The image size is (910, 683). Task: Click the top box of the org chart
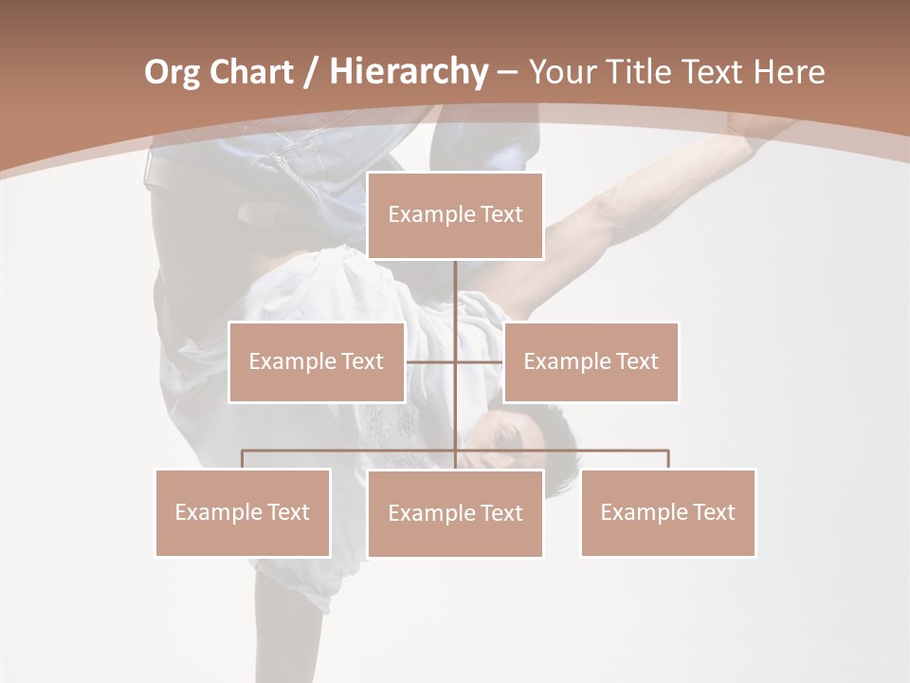pyautogui.click(x=455, y=215)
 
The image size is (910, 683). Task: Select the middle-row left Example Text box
pyautogui.click(x=317, y=361)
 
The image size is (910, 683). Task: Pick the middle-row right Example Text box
pyautogui.click(x=591, y=361)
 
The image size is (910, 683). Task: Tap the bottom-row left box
pyautogui.click(x=243, y=512)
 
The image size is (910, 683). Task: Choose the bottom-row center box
pyautogui.click(x=455, y=513)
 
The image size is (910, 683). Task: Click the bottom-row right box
pyautogui.click(x=667, y=512)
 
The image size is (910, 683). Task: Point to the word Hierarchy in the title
pyautogui.click(x=409, y=72)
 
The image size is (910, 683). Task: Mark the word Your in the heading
pyautogui.click(x=562, y=72)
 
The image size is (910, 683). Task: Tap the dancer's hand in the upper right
pyautogui.click(x=758, y=138)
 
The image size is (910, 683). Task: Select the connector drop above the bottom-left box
pyautogui.click(x=243, y=459)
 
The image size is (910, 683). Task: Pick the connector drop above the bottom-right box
pyautogui.click(x=667, y=459)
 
